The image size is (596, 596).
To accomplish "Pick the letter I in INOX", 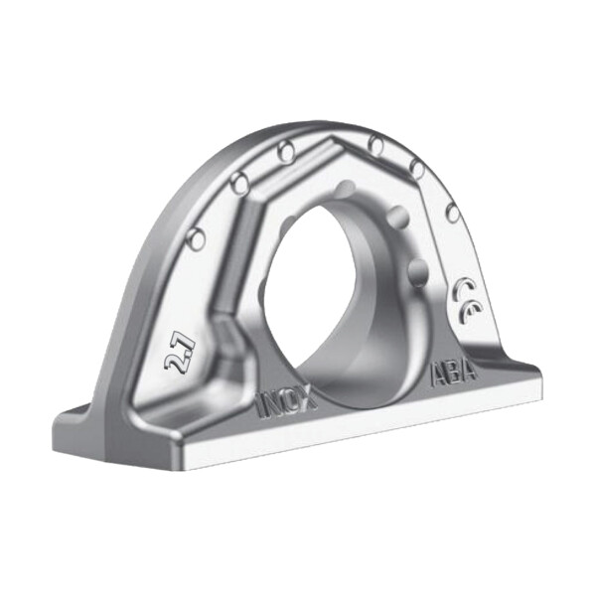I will point(261,406).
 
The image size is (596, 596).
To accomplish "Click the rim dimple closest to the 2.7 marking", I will point(196,237).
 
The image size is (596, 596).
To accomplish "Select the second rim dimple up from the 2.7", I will point(238,183).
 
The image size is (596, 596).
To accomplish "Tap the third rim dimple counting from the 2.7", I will point(287,151).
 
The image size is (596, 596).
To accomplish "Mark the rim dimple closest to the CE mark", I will point(452,213).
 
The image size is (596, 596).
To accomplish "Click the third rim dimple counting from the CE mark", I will point(376,145).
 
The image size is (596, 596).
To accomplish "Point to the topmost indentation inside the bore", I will point(345,189).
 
